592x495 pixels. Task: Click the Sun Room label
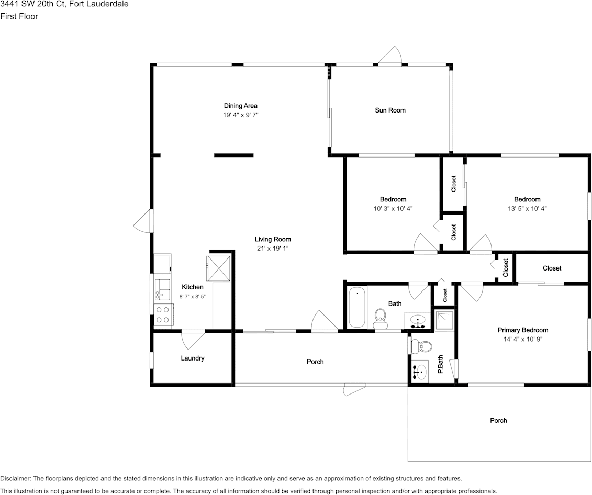point(390,110)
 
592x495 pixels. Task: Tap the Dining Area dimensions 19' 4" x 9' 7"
point(240,115)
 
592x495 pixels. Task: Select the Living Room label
point(273,239)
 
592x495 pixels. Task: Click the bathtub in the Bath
point(356,307)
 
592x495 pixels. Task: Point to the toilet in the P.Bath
point(422,346)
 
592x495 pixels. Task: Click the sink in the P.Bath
point(420,372)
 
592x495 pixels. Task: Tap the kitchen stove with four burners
point(163,314)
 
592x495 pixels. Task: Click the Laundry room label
point(192,358)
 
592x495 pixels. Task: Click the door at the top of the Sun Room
point(390,57)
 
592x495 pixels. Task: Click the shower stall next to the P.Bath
point(444,320)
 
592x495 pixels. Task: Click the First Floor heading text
point(19,16)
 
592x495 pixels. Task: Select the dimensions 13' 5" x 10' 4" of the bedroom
point(527,208)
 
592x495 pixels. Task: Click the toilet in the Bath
point(381,318)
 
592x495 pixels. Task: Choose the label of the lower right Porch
point(498,420)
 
